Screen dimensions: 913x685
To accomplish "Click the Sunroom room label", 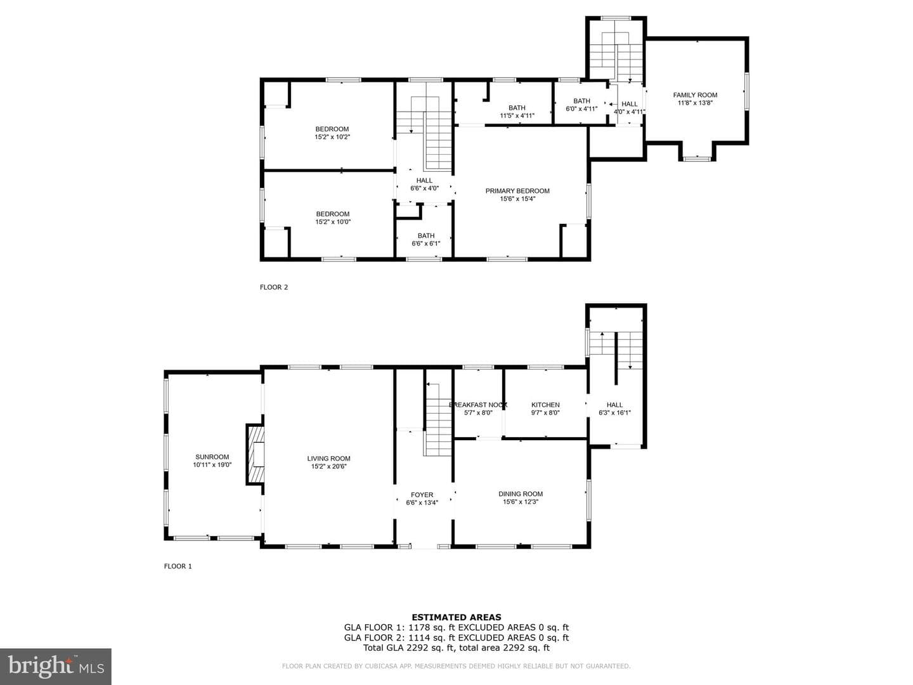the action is tap(212, 457).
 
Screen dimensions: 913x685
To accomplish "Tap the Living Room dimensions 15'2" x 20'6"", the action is tap(328, 466).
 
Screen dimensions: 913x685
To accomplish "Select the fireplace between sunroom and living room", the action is tap(255, 454).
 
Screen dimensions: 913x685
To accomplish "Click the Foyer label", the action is tap(422, 495).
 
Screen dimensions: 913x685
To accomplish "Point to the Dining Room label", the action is tap(521, 493).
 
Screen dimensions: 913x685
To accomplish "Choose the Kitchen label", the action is tap(545, 405).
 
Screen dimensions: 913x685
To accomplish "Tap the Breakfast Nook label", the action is tap(478, 405).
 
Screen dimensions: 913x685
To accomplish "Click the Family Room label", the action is tap(695, 95).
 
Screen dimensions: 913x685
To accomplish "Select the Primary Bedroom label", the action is tap(517, 191).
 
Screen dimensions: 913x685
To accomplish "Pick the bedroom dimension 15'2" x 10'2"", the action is tap(332, 137).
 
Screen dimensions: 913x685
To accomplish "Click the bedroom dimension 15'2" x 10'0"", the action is tap(333, 222).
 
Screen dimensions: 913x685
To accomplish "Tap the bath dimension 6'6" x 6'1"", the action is tap(426, 244).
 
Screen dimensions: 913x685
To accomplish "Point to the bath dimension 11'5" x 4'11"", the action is tap(517, 115).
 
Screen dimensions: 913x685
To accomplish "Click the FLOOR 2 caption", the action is tap(274, 287).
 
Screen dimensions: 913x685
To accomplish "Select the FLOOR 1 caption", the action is tap(178, 566).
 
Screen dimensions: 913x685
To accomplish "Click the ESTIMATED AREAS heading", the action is tap(456, 617).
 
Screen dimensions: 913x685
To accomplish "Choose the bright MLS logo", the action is tap(56, 666).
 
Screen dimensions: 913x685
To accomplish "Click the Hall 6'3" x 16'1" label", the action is tap(614, 408).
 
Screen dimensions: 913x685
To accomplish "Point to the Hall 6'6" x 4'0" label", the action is tap(424, 184).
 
